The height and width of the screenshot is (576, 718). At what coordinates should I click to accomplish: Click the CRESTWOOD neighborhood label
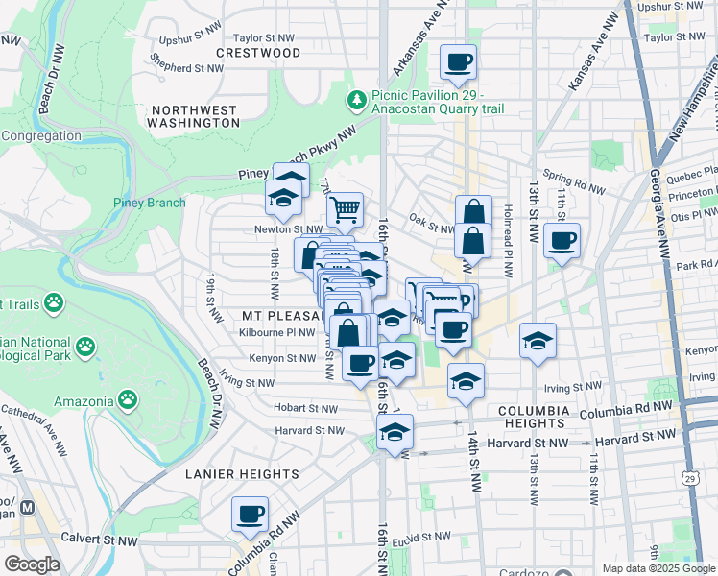[x=258, y=52]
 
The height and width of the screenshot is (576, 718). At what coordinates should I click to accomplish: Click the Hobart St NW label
[x=305, y=408]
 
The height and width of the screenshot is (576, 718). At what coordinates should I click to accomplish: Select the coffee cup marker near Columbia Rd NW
[x=251, y=514]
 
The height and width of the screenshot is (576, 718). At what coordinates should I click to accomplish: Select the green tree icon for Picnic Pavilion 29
[x=357, y=99]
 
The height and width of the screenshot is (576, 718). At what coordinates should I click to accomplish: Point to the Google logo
[x=32, y=564]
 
